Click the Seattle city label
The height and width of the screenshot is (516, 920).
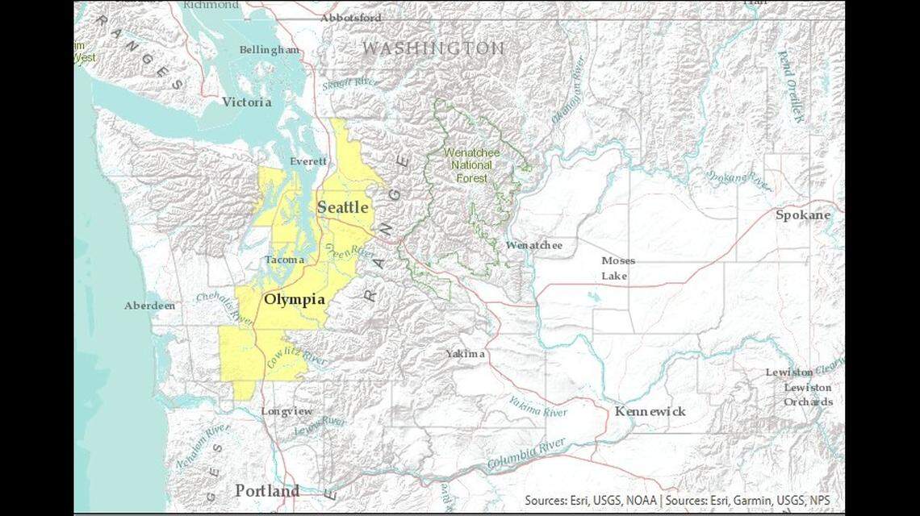coord(343,208)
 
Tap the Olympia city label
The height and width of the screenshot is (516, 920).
coord(295,300)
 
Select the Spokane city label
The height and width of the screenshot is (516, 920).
coord(802,215)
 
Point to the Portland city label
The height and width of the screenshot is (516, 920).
coord(267,490)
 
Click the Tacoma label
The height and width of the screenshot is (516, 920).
coord(285,260)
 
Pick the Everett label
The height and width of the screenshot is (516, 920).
coord(308,161)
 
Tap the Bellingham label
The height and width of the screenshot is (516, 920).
coord(269,50)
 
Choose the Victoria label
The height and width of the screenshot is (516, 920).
coord(246,102)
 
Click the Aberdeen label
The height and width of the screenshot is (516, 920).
coord(149,306)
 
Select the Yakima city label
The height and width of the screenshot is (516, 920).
coord(466,354)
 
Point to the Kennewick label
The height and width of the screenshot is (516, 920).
coord(650,411)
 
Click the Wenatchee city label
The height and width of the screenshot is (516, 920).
coord(534,245)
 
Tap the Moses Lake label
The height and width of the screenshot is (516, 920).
coord(617,268)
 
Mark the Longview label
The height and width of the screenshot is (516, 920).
coord(286,411)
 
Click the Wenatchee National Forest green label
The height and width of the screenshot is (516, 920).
coord(473,164)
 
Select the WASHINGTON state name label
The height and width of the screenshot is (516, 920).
coord(433,48)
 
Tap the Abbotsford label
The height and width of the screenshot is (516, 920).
coord(350,18)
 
